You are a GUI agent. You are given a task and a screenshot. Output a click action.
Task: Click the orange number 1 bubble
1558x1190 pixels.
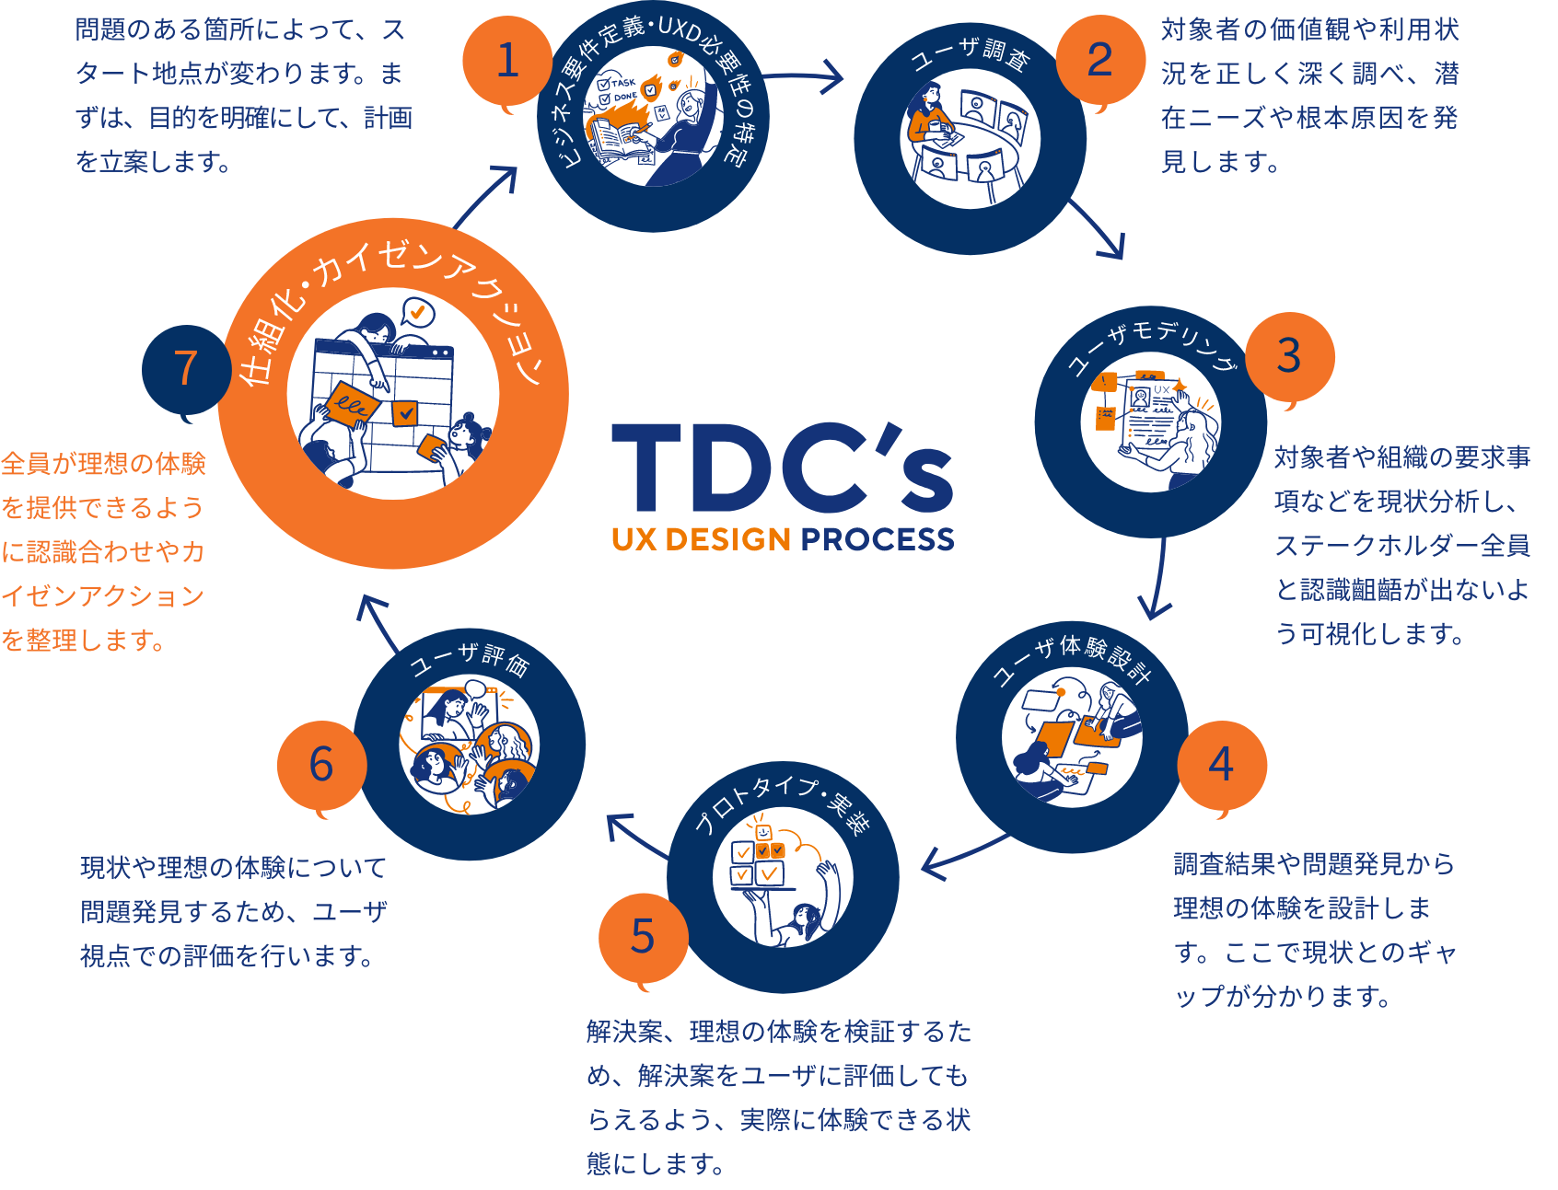506,61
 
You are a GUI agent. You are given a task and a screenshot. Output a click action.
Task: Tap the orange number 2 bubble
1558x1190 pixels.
1099,61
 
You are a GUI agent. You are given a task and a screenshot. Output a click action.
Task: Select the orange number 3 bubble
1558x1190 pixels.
1288,356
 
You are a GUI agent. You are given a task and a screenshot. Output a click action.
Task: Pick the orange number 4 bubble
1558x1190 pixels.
1221,764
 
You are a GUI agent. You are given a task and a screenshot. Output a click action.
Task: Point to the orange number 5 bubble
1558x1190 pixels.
643,937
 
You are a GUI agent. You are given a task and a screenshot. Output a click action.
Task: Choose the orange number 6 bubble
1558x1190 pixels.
321,764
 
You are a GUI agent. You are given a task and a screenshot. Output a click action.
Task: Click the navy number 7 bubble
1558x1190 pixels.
186,368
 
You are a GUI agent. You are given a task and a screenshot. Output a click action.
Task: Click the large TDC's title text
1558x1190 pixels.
783,469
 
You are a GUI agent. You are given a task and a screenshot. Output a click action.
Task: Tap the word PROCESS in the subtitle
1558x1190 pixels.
877,539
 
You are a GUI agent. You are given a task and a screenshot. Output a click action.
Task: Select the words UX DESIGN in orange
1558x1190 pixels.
701,539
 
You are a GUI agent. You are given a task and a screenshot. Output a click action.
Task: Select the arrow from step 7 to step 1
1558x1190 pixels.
486,195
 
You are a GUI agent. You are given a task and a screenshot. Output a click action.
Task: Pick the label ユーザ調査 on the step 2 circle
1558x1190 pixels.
970,55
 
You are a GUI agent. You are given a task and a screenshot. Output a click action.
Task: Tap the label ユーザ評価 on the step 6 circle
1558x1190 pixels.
470,659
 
